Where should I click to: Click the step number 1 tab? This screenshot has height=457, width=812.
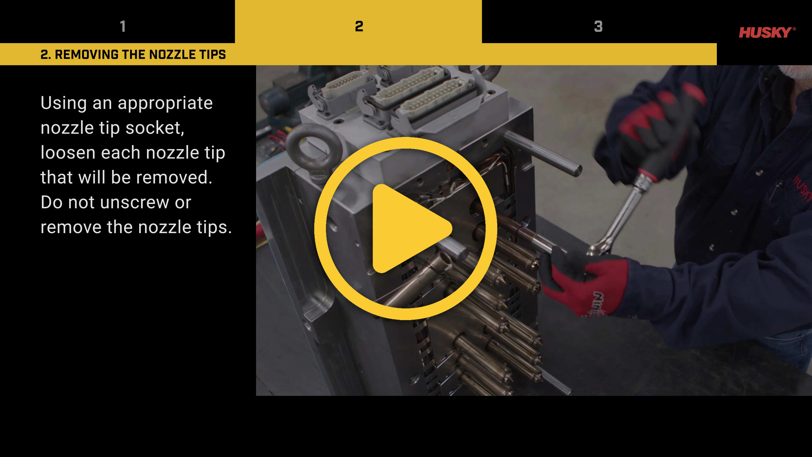point(123,26)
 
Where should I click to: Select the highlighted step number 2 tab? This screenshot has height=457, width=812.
point(358,26)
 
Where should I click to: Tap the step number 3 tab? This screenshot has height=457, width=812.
point(598,26)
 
